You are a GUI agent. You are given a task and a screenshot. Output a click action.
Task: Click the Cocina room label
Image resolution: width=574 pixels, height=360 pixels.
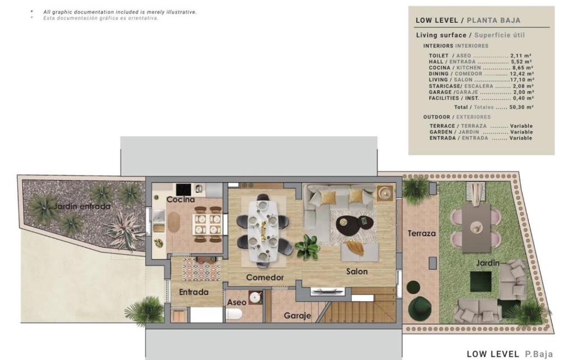pos(180,200)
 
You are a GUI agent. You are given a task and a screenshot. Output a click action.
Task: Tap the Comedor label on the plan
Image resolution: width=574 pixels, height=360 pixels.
pos(265,277)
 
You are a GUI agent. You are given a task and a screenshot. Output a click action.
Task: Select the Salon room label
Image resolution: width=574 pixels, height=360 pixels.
pos(357,271)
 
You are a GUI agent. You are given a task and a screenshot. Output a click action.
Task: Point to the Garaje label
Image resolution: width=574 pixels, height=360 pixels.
pos(297,316)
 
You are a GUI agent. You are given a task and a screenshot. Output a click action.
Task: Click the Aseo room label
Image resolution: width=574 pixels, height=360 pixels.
pos(237,302)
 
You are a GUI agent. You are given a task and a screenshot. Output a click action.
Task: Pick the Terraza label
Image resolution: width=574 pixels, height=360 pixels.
pos(422,233)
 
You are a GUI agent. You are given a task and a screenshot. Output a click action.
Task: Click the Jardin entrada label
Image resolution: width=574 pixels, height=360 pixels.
pos(82,206)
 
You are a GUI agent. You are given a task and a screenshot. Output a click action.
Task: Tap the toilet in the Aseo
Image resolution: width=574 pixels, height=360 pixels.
pos(234,314)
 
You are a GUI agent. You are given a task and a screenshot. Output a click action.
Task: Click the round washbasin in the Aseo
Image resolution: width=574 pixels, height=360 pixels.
pos(256,297)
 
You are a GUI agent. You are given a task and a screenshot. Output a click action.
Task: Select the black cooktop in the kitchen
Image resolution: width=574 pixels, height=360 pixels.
pos(183,190)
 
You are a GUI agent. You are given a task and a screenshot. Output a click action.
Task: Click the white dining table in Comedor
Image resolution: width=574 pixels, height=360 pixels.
pos(263,230)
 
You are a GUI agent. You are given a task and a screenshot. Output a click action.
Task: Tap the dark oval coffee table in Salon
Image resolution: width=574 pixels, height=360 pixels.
pos(355,223)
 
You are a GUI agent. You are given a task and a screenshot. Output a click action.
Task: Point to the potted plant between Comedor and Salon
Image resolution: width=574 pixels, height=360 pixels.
pos(307,247)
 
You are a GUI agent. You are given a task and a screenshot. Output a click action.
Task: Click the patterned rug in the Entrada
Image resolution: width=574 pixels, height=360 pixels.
pos(201,269)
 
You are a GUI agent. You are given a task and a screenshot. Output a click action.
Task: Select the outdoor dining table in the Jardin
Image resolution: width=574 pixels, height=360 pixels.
pos(476,228)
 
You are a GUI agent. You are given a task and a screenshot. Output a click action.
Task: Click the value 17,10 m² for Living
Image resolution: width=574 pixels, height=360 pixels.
pos(522,80)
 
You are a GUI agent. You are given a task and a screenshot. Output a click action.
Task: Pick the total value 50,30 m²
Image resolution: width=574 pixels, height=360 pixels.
pos(521,107)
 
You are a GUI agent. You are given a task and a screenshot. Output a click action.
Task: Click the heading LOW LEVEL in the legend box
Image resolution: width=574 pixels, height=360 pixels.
pos(437,21)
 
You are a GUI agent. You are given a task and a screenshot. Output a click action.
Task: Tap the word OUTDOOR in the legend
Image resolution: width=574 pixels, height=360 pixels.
pos(437,117)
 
